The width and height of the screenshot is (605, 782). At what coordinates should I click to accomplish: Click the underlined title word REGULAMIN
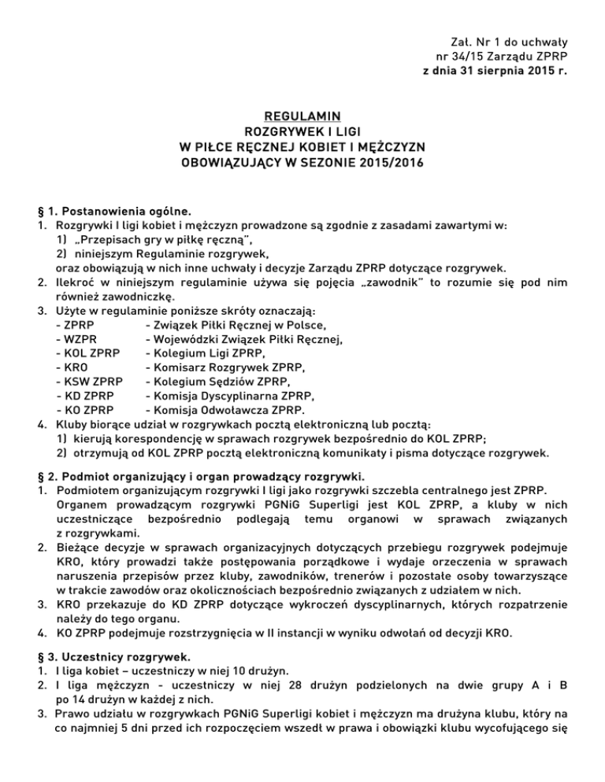tap(302, 115)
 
